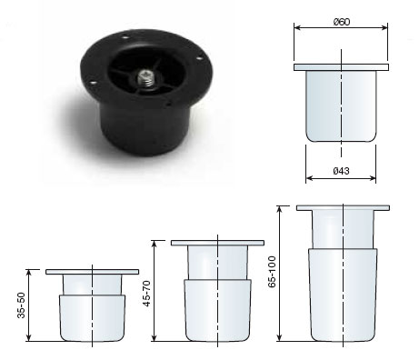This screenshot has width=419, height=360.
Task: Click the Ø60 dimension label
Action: [x=341, y=22]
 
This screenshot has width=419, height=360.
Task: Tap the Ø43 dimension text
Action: [x=341, y=171]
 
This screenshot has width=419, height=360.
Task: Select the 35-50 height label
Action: [x=21, y=305]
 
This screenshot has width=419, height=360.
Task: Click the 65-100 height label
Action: [x=272, y=272]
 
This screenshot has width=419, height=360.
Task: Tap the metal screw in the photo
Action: [x=145, y=78]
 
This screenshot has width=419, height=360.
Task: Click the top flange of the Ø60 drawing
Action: [x=341, y=67]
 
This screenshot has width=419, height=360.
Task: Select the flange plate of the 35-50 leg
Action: [x=93, y=272]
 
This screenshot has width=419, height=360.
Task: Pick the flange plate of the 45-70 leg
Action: [x=217, y=243]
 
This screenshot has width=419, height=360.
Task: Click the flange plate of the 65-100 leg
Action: [x=343, y=208]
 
